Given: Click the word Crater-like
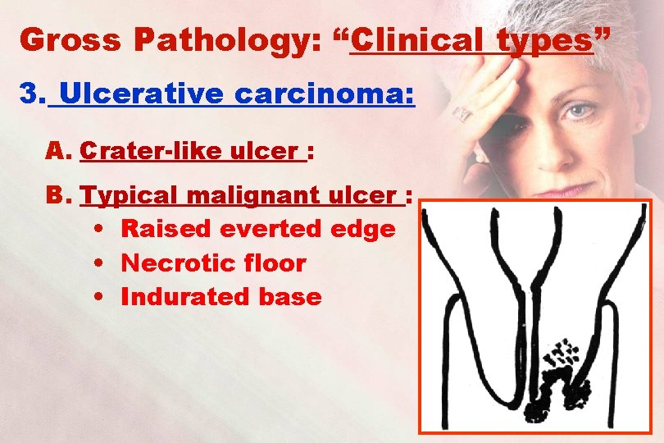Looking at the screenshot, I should [148, 152].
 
